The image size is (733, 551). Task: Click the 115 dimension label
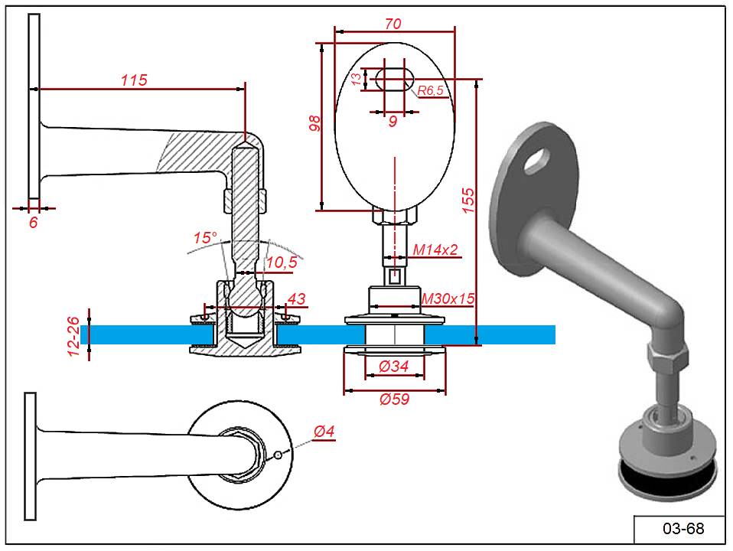point(134,80)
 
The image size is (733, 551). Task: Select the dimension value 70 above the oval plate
point(392,24)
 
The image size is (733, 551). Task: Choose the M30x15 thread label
point(449,298)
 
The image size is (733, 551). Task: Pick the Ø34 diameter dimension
point(395,367)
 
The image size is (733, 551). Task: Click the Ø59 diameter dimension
point(395,399)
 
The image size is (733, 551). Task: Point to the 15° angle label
point(204,238)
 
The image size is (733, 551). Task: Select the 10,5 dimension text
point(282,262)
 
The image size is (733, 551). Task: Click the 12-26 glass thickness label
point(74,336)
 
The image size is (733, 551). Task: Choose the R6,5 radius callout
point(430,90)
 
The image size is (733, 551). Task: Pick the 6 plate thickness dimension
point(33,223)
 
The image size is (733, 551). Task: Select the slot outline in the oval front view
point(394,78)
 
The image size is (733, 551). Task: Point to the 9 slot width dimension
point(392,120)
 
